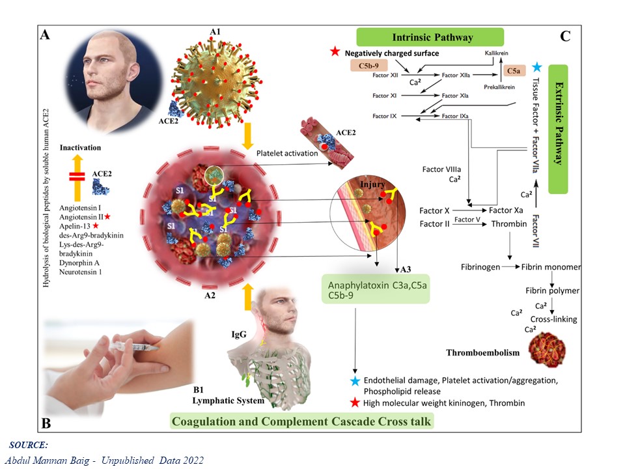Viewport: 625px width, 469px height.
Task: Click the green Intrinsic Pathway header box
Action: click(430, 36)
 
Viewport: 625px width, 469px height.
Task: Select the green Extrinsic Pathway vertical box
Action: click(558, 128)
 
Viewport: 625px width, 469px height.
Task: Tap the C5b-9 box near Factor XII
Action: click(370, 66)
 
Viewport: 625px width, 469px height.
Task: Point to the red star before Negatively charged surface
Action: click(335, 51)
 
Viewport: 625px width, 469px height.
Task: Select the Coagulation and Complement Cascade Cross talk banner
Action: click(301, 421)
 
